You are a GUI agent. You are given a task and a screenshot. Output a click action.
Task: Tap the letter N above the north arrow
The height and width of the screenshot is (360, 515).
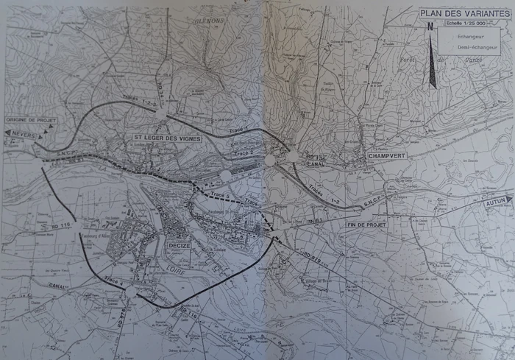(x=430, y=26)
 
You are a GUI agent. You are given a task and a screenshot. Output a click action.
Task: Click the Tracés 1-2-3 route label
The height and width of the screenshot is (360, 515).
(x=140, y=102)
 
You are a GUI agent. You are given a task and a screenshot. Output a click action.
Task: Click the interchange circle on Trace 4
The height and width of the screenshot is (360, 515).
(x=131, y=292)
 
